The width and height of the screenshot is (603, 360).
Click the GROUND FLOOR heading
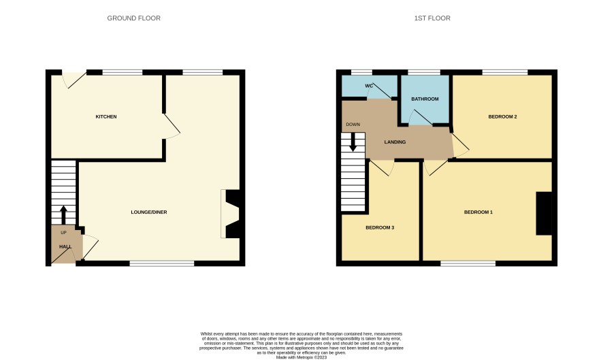click(134, 18)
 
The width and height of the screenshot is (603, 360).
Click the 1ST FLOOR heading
click(432, 18)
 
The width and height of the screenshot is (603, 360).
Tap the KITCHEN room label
click(106, 116)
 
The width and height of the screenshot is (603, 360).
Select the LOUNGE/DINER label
click(149, 212)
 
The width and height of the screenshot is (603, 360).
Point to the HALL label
click(65, 246)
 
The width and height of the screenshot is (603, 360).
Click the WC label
click(369, 86)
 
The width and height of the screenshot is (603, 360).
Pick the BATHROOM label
click(425, 99)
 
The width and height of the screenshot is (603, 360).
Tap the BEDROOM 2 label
click(503, 116)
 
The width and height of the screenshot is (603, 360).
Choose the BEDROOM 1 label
click(478, 212)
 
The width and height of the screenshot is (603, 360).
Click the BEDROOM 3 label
click(380, 227)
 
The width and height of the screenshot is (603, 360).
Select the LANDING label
click(395, 142)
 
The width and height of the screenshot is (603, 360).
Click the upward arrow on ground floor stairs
click(63, 214)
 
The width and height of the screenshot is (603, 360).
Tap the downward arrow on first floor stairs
click(353, 142)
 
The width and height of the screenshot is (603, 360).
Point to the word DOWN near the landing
click(353, 125)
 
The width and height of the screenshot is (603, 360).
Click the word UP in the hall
click(63, 232)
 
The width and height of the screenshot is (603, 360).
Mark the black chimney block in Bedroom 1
click(544, 213)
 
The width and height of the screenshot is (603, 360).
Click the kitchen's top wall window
click(123, 72)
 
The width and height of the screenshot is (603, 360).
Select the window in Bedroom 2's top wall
click(505, 72)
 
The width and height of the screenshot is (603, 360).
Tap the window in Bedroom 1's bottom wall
click(468, 263)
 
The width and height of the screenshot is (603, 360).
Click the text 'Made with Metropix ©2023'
click(301, 357)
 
